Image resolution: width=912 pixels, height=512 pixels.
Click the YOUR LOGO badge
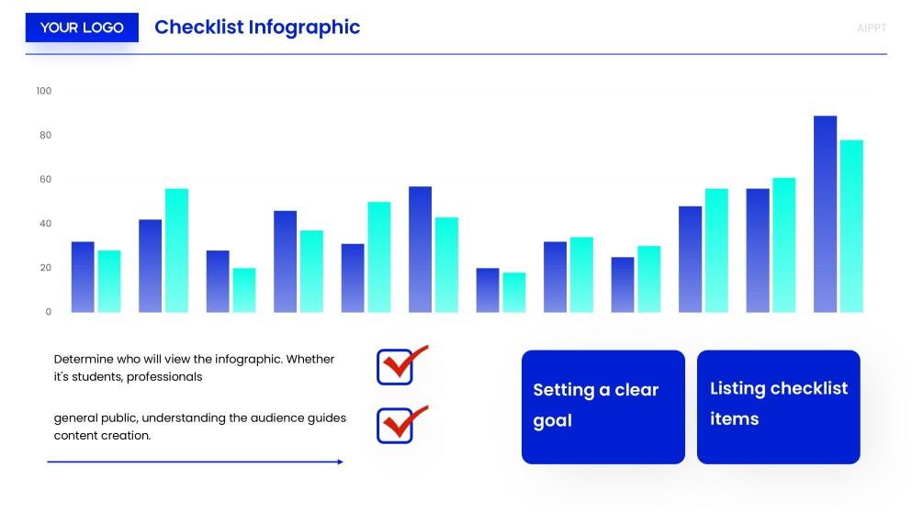(82, 28)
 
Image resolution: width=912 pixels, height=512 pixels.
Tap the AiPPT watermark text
(871, 28)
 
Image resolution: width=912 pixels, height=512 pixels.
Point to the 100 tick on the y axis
(44, 91)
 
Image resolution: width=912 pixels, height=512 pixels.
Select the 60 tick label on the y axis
(44, 180)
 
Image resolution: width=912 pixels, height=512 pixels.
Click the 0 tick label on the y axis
(49, 312)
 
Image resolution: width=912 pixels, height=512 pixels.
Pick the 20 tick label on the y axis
(44, 268)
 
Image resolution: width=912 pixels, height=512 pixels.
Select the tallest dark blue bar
(825, 214)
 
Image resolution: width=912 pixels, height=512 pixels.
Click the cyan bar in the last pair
(851, 226)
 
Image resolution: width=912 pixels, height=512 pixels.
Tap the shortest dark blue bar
(488, 290)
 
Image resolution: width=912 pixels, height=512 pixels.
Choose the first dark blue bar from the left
(83, 276)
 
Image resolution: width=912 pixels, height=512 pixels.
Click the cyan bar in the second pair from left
(176, 250)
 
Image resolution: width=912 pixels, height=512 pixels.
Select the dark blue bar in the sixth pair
(420, 249)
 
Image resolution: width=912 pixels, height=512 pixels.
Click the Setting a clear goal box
(602, 406)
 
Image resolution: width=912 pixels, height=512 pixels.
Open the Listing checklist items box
(778, 406)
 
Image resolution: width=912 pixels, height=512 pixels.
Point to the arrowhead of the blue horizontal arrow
(341, 462)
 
